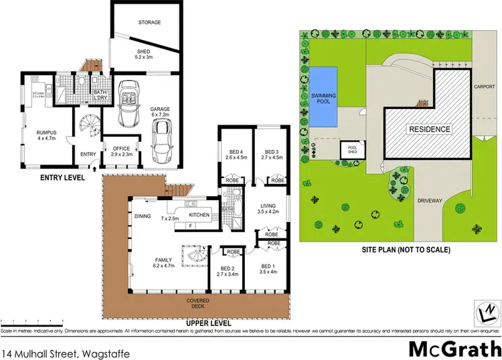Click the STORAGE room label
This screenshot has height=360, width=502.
click(150, 23)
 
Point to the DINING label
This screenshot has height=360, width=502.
click(142, 216)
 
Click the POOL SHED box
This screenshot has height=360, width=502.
click(350, 149)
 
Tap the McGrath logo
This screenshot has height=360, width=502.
click(452, 348)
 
